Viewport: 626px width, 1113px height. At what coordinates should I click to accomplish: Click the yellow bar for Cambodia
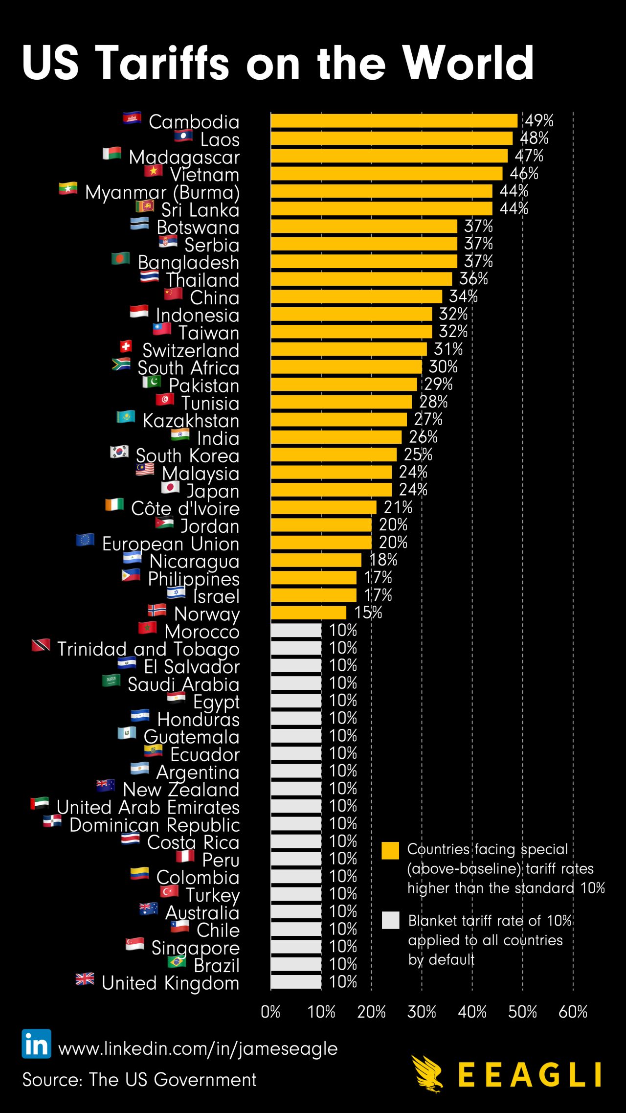394,121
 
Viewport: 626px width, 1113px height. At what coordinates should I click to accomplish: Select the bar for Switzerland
349,349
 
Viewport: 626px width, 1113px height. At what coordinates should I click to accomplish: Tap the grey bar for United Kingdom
296,981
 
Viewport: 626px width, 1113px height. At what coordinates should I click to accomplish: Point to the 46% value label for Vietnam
524,174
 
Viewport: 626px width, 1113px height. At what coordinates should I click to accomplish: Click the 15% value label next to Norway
368,613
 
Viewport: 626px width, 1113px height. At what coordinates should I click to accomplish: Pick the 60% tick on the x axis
573,1011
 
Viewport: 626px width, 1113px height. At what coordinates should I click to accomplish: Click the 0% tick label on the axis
270,1011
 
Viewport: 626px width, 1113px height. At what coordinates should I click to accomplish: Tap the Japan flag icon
170,487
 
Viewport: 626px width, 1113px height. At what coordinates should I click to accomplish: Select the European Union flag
85,540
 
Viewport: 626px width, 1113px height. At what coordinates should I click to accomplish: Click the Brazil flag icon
177,962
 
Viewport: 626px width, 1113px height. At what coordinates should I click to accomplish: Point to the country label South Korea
188,456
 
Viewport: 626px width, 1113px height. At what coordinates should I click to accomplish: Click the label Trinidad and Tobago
148,649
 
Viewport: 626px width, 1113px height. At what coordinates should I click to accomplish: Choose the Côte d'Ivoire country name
185,509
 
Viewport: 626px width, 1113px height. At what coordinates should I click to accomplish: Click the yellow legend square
390,851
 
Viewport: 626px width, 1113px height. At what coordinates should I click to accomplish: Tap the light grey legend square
390,920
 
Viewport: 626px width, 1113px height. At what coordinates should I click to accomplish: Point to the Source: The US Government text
139,1079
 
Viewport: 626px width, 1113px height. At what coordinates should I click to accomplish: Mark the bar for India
336,437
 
